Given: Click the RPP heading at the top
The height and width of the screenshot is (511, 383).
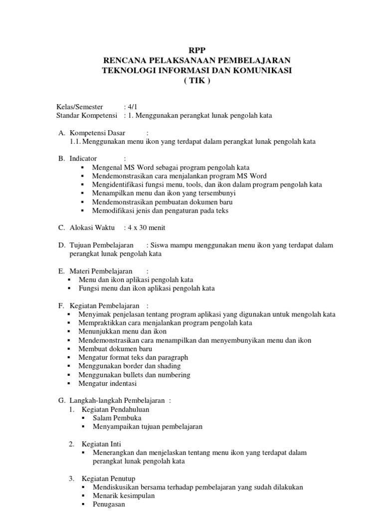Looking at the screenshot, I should coord(196,50).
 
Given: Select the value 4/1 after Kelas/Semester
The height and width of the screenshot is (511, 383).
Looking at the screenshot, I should coord(133,107).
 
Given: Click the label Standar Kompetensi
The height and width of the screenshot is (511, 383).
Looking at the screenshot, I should coord(87,116).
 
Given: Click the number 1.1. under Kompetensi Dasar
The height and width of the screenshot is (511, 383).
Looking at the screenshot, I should coord(76,142).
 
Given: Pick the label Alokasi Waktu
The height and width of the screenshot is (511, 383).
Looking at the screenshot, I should coord(92,228).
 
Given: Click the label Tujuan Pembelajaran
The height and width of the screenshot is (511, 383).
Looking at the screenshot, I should coord(101,245).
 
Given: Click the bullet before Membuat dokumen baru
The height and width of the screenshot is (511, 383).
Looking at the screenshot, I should coord(68,349).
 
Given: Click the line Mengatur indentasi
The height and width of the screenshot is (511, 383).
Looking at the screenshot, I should coord(107,384).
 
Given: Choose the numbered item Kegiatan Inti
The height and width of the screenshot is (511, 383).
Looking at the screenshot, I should coord(102,444).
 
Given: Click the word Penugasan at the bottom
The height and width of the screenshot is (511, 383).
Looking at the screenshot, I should coord(109,505).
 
